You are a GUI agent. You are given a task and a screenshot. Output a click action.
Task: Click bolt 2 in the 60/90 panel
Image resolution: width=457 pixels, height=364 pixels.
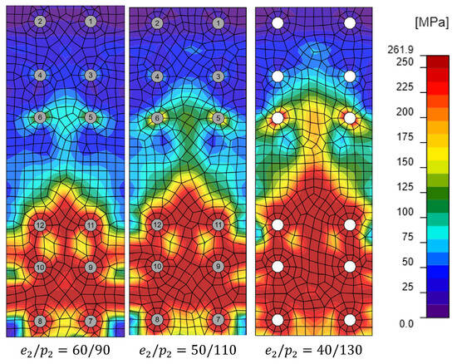click(40, 22)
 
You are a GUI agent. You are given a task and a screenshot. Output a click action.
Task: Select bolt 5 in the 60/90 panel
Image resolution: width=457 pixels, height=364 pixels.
click(91, 117)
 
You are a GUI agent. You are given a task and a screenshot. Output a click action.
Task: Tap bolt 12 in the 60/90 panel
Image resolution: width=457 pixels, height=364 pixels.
click(40, 225)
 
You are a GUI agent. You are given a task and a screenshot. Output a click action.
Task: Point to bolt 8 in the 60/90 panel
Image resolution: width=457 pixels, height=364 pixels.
click(40, 321)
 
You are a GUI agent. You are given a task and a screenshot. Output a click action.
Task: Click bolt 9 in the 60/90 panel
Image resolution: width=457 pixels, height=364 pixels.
click(91, 267)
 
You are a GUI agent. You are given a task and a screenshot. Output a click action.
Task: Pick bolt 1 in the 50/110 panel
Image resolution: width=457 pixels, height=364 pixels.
click(218, 23)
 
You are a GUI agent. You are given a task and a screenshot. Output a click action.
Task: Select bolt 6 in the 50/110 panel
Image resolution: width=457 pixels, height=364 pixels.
click(157, 118)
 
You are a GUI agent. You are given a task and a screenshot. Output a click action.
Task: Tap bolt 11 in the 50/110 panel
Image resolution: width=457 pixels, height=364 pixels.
click(218, 225)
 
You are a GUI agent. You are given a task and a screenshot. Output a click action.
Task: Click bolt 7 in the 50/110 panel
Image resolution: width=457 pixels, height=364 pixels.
click(218, 319)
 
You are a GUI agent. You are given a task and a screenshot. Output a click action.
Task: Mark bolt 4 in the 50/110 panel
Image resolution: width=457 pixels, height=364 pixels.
click(157, 76)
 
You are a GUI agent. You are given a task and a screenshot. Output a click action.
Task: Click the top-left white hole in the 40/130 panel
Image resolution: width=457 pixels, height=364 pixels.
click(278, 23)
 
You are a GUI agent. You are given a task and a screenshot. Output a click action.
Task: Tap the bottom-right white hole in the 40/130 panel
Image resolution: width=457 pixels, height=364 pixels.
click(350, 320)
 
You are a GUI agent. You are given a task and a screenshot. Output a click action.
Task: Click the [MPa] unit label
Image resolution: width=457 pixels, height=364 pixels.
click(432, 22)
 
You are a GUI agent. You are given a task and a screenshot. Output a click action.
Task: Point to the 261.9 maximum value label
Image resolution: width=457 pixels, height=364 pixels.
click(400, 50)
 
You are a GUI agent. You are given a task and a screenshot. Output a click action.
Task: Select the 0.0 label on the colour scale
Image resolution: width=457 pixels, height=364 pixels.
click(406, 323)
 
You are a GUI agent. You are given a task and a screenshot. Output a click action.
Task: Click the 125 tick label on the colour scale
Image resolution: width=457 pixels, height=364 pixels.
click(405, 186)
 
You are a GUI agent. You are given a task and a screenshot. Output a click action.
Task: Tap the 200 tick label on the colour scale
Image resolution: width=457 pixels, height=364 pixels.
click(405, 111)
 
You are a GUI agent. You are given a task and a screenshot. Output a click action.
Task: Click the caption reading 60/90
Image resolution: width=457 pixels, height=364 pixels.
click(66, 351)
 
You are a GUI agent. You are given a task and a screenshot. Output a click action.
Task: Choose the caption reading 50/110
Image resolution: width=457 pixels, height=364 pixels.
click(188, 351)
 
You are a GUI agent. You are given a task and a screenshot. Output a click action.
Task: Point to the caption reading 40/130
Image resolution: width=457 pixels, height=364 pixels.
click(313, 351)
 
